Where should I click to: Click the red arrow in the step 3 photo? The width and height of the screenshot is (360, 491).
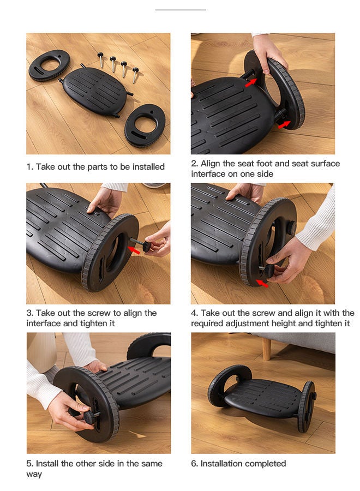134,250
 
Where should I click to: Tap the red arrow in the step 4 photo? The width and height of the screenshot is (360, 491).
262,283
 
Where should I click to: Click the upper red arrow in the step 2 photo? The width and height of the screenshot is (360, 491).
251,83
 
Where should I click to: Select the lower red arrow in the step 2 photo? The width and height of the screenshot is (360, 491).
284,124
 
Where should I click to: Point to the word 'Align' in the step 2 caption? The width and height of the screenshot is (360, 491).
211,164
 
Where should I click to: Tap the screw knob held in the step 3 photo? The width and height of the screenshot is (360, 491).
146,246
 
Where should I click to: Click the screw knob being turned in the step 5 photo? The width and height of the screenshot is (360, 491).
89,417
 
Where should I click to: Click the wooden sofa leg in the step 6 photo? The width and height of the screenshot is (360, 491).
266,349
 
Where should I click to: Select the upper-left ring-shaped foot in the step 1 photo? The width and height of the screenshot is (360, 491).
50,65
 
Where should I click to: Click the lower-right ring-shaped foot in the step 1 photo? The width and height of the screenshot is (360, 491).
145,125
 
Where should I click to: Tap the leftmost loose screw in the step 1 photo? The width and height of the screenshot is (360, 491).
100,59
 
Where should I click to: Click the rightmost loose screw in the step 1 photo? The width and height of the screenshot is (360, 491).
135,75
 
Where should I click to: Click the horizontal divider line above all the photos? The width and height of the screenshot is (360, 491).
181,10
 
